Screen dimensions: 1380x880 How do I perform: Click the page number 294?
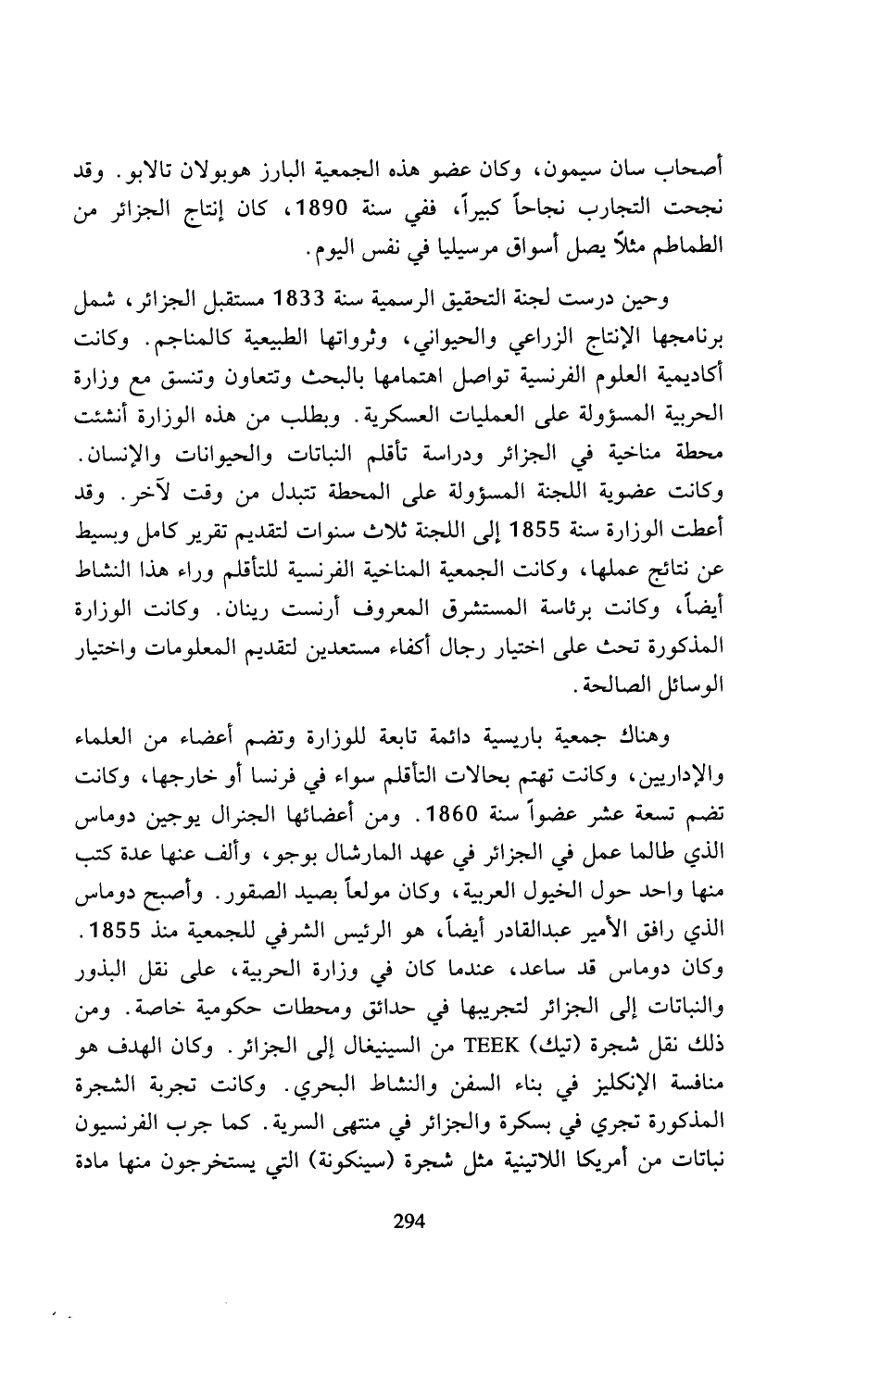tap(408, 1222)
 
